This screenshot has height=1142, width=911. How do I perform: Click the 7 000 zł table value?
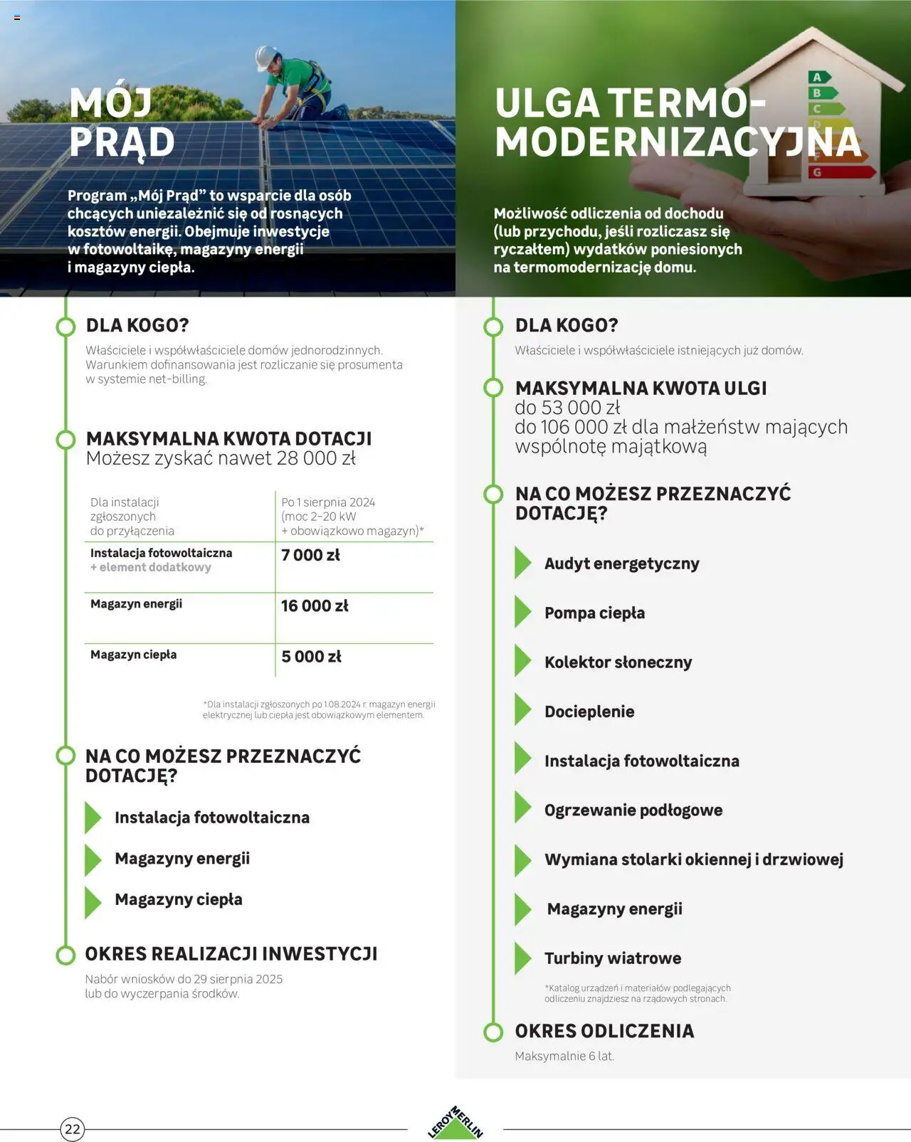coord(310,555)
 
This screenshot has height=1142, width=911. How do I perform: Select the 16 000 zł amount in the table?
coord(315,606)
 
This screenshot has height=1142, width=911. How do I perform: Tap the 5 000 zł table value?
coord(311,656)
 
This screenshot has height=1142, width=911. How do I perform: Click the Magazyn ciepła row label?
coord(133,655)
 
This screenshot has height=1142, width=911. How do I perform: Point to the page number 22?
coord(73,1129)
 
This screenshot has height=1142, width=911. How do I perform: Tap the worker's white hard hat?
coord(265,56)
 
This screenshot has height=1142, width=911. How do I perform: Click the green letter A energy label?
coord(818,77)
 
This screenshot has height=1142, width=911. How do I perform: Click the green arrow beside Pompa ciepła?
coord(523,613)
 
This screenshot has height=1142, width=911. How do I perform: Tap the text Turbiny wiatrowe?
coord(612,958)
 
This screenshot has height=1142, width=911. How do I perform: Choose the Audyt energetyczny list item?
coord(621,564)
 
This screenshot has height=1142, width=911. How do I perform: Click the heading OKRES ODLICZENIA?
coord(604,1031)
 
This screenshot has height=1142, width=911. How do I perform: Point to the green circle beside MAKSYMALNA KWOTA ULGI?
coord(493,388)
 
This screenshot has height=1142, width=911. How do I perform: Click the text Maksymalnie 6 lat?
coord(564,1056)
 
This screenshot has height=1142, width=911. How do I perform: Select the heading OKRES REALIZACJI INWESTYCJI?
coord(231,954)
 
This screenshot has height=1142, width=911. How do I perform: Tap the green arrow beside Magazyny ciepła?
coord(93,902)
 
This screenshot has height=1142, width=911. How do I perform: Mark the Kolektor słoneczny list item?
coord(618,662)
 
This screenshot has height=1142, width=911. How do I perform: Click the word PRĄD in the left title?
coord(122,142)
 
